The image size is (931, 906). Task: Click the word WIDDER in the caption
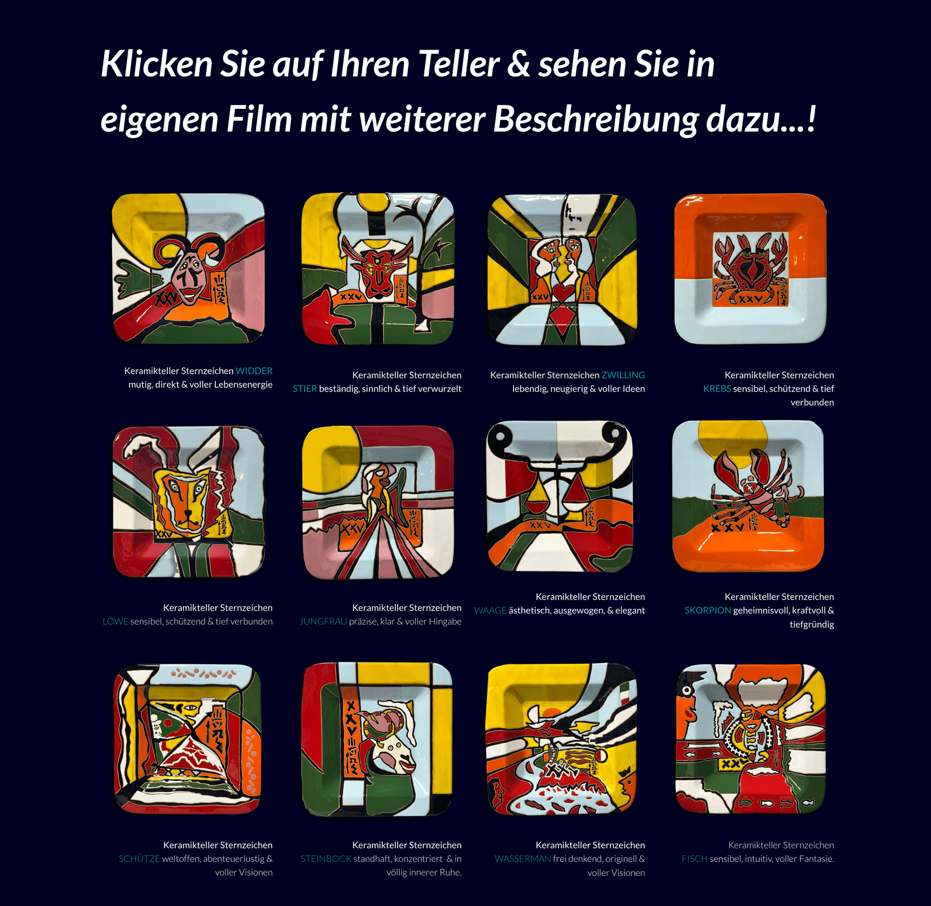pos(254,371)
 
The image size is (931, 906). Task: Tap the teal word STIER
pos(305,389)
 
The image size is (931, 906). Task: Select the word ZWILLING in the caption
pos(623,375)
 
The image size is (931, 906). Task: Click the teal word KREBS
pos(717,389)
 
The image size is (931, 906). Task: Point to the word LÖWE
pos(115,621)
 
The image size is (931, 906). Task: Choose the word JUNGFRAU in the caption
pos(323,621)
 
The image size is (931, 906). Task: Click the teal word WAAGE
pos(490,610)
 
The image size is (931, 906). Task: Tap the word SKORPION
pos(708,610)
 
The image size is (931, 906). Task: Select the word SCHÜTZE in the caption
pos(140,858)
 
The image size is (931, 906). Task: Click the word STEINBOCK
pos(326,858)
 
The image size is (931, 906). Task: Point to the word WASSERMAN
pos(523,858)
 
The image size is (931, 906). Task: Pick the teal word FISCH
pos(695,858)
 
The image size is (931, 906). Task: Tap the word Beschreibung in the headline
pos(596,119)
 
